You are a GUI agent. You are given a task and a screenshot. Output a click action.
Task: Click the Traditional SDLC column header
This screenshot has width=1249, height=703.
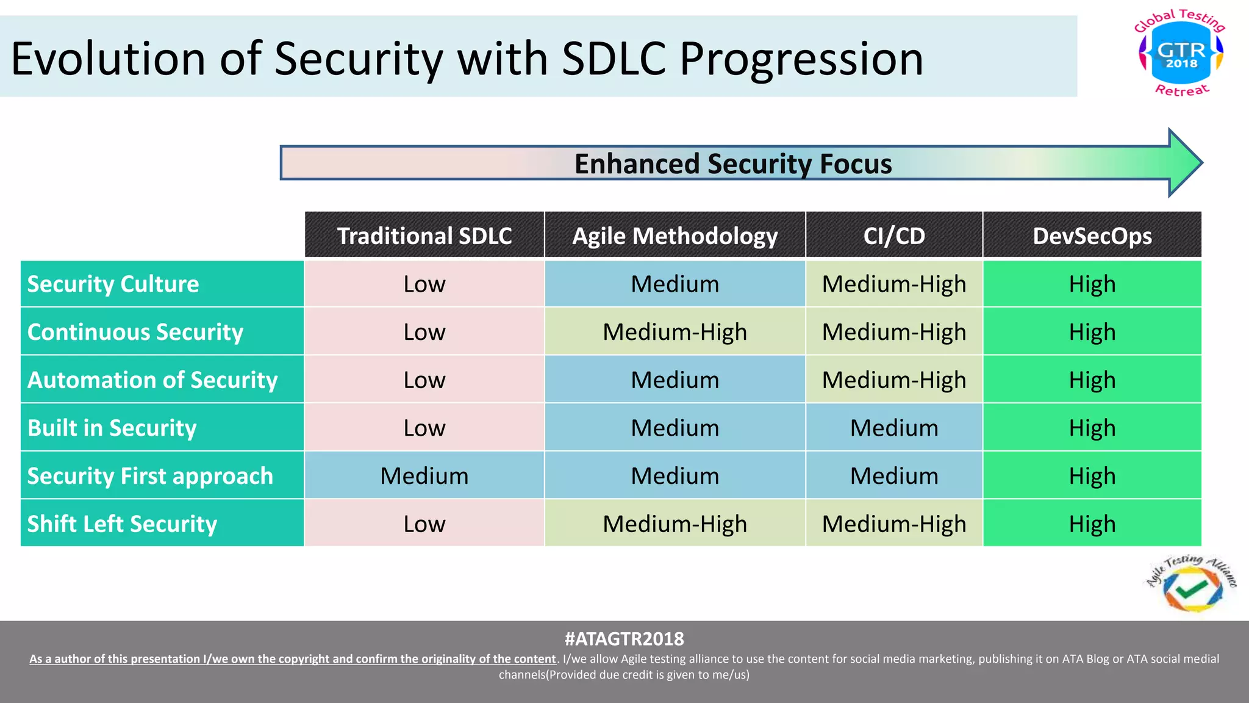pyautogui.click(x=424, y=236)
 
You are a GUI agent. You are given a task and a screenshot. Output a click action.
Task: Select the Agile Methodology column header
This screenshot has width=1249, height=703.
pyautogui.click(x=675, y=236)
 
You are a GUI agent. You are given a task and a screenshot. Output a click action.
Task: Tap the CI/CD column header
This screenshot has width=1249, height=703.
pyautogui.click(x=894, y=236)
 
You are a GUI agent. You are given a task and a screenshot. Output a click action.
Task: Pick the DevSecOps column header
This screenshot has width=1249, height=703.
pyautogui.click(x=1092, y=236)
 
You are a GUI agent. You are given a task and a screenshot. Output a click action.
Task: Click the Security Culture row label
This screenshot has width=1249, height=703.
pyautogui.click(x=113, y=284)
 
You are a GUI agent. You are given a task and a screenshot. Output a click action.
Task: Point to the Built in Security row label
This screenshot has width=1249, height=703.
pyautogui.click(x=112, y=428)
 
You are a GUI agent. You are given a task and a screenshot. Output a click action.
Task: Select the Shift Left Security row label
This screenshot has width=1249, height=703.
pyautogui.click(x=122, y=524)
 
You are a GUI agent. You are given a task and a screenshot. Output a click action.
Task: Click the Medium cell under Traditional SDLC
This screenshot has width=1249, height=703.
pyautogui.click(x=424, y=476)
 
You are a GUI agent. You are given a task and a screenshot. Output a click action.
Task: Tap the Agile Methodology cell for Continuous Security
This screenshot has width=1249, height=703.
pyautogui.click(x=675, y=332)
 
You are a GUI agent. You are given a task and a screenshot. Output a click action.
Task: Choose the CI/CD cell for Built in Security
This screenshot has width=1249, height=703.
pyautogui.click(x=894, y=428)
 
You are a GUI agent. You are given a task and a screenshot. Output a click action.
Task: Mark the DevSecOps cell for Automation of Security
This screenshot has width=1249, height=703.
pyautogui.click(x=1092, y=380)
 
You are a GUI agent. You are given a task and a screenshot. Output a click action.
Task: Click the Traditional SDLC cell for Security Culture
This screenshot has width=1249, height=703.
pyautogui.click(x=424, y=284)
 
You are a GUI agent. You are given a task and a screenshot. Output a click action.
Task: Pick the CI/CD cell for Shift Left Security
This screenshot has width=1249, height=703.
pyautogui.click(x=894, y=524)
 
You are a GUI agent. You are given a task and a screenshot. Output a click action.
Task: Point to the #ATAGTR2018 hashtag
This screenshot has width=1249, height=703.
pyautogui.click(x=624, y=639)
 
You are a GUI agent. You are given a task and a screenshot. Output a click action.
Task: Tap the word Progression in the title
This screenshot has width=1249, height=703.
pyautogui.click(x=801, y=59)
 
